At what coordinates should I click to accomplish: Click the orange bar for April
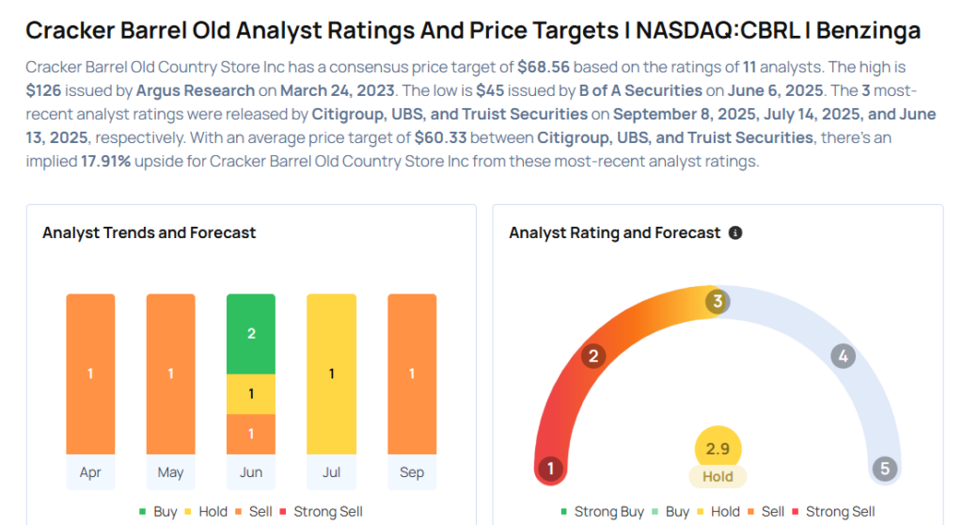[x=90, y=374]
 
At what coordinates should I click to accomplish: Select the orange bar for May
[x=170, y=374]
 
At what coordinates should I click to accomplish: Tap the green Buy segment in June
[x=251, y=334]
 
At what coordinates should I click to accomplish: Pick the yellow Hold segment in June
[x=251, y=393]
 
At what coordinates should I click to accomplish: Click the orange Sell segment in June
[x=251, y=434]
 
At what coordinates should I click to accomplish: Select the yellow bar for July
[x=331, y=374]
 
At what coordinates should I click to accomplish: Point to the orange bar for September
[x=412, y=374]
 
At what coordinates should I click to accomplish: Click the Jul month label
[x=331, y=472]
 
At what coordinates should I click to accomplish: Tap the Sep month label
[x=412, y=472]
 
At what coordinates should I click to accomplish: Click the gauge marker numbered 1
[x=550, y=469]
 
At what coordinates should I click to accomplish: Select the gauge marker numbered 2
[x=593, y=356]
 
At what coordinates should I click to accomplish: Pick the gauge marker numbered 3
[x=718, y=302]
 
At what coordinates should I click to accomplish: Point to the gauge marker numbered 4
[x=843, y=356]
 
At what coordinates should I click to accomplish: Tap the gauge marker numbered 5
[x=884, y=469]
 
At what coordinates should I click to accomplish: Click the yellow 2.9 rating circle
[x=718, y=449]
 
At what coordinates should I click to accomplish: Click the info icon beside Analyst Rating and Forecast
[x=735, y=232]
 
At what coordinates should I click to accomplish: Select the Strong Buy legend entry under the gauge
[x=607, y=512]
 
